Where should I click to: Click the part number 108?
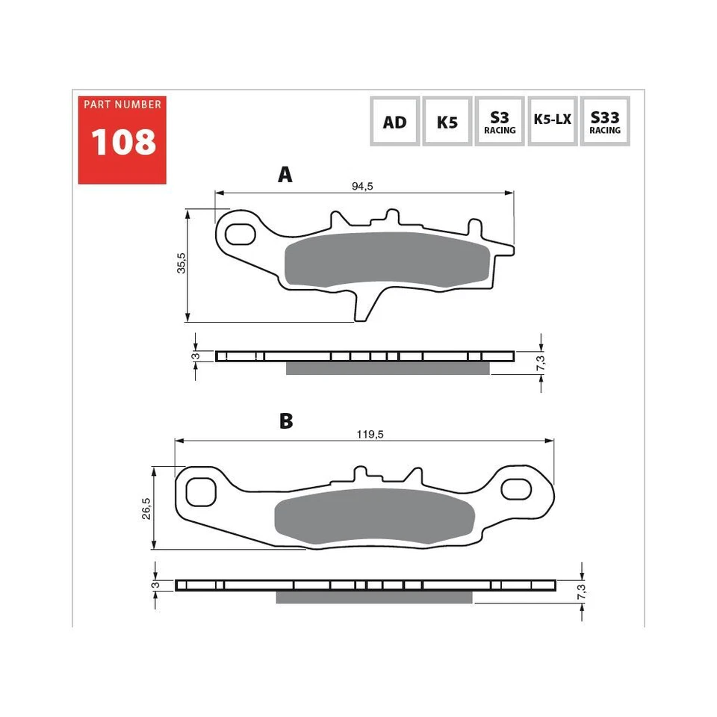(123, 142)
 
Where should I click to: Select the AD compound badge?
(394, 122)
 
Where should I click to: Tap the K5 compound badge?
(447, 122)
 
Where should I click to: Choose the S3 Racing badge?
(500, 122)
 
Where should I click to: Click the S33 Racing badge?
(604, 122)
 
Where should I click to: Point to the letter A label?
(285, 175)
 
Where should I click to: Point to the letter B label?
(285, 421)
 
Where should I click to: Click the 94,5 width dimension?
(362, 187)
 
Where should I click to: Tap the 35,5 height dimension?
(181, 263)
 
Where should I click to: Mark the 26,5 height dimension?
(147, 508)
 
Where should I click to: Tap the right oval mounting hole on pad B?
(516, 490)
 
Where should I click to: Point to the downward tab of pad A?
(365, 306)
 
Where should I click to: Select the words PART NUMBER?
(122, 105)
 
